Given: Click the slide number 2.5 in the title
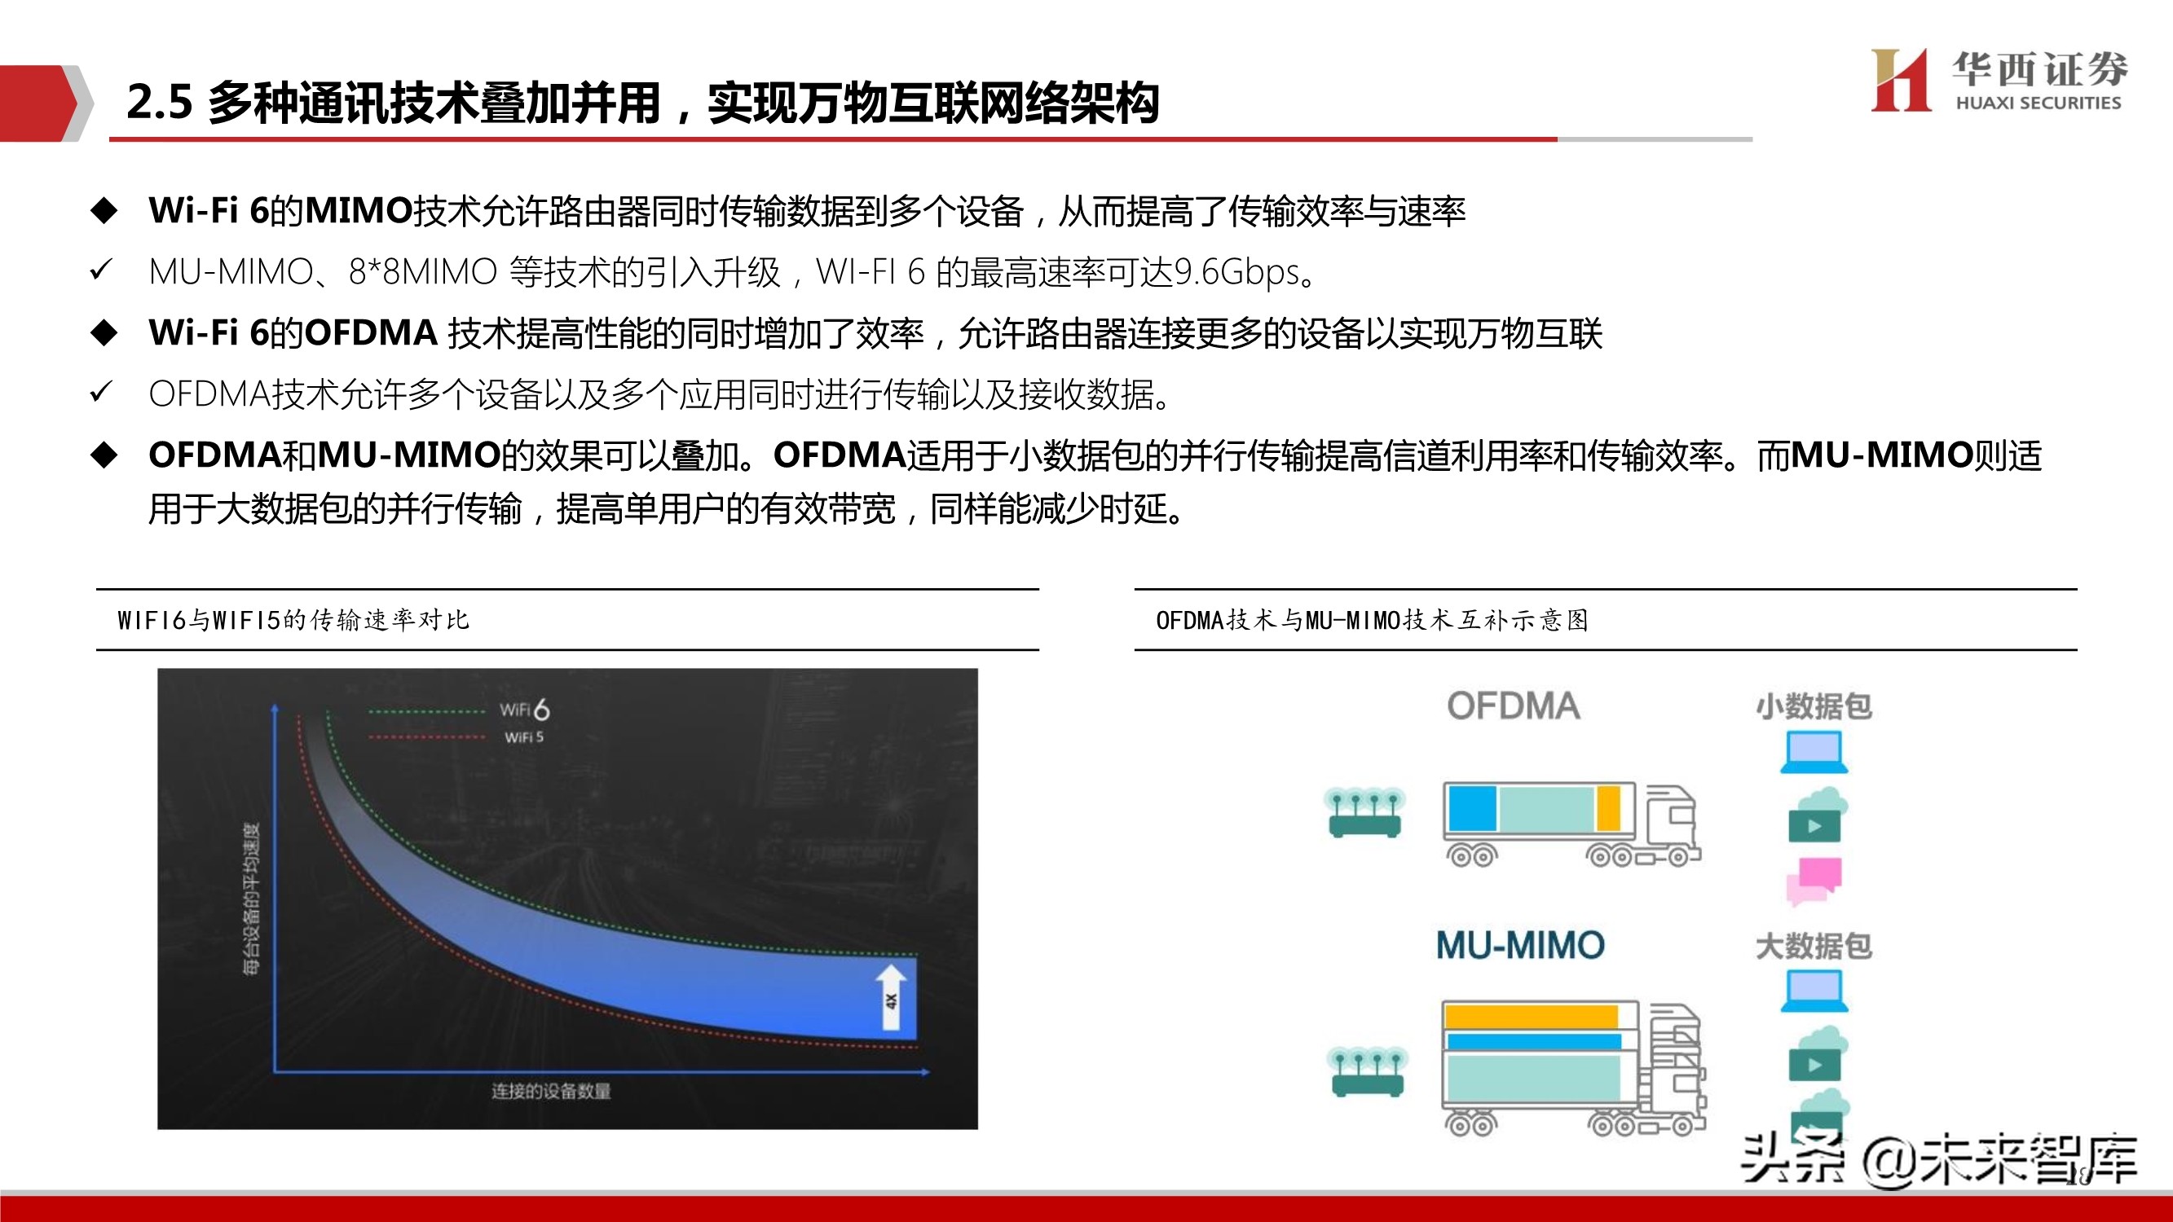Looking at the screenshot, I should point(160,103).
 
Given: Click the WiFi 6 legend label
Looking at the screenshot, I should point(525,710).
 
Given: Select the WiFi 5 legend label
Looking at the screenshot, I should point(524,737).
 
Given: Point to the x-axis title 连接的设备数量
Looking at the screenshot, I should point(551,1092).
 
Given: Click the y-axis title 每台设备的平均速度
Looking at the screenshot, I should point(251,898).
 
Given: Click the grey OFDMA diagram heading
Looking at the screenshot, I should point(1514,706).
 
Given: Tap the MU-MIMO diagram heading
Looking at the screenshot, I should point(1520,945).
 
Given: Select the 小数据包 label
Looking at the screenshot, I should point(1814,706).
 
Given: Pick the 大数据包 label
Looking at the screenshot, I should point(1814,946).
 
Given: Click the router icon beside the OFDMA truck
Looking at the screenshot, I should point(1364,812).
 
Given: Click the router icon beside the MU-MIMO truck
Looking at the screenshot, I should point(1367,1071).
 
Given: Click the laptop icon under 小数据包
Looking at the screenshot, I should point(1814,752).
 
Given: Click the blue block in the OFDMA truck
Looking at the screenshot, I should point(1472,809).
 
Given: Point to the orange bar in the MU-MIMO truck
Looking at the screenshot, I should point(1531,1016).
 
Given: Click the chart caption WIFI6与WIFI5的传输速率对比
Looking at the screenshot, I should point(293,621).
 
